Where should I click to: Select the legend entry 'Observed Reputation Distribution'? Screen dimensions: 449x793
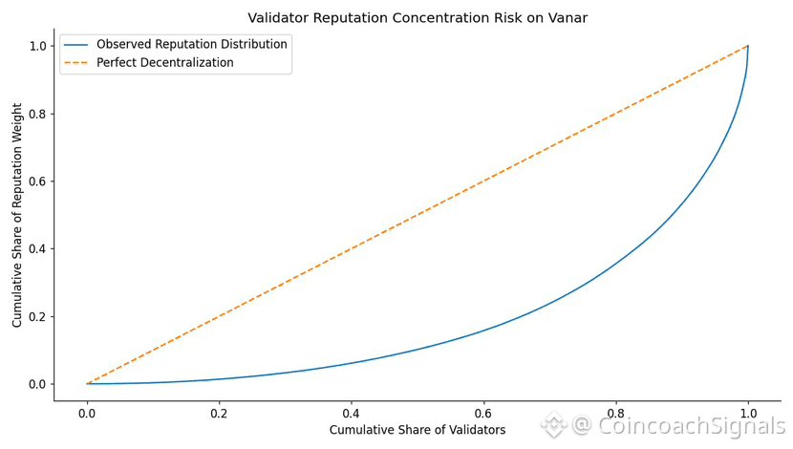191,44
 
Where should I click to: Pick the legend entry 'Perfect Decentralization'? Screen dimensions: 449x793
164,62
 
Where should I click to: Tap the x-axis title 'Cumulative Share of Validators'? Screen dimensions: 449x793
418,430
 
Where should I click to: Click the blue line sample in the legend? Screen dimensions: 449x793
76,44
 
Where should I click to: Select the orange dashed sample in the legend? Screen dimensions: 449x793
76,62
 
